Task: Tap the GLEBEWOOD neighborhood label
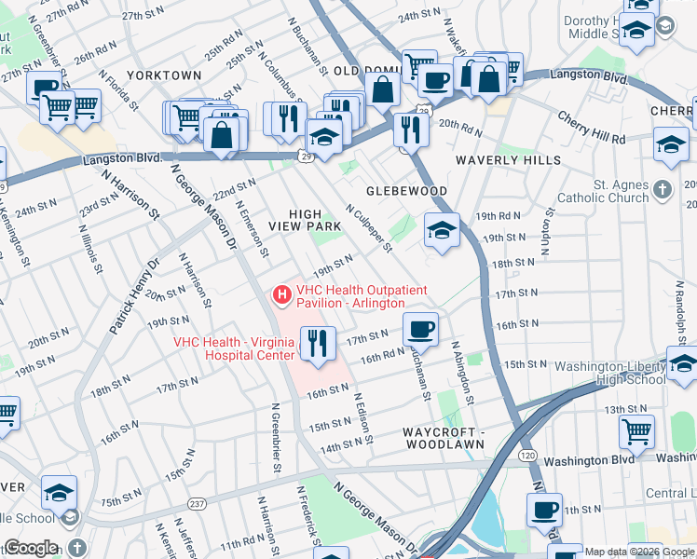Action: click(407, 191)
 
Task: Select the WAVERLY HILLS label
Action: click(508, 160)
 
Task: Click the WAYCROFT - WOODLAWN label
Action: click(444, 439)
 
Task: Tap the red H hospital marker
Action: click(280, 295)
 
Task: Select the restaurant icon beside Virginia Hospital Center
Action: click(318, 343)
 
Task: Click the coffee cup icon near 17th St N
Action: click(421, 329)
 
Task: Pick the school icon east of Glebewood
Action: click(442, 231)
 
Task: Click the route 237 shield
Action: click(198, 504)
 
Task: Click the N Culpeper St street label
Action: click(370, 230)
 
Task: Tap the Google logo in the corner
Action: click(32, 548)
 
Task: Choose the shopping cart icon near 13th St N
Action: click(636, 430)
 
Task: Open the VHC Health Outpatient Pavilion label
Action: click(350, 296)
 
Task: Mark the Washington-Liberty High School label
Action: click(608, 373)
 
